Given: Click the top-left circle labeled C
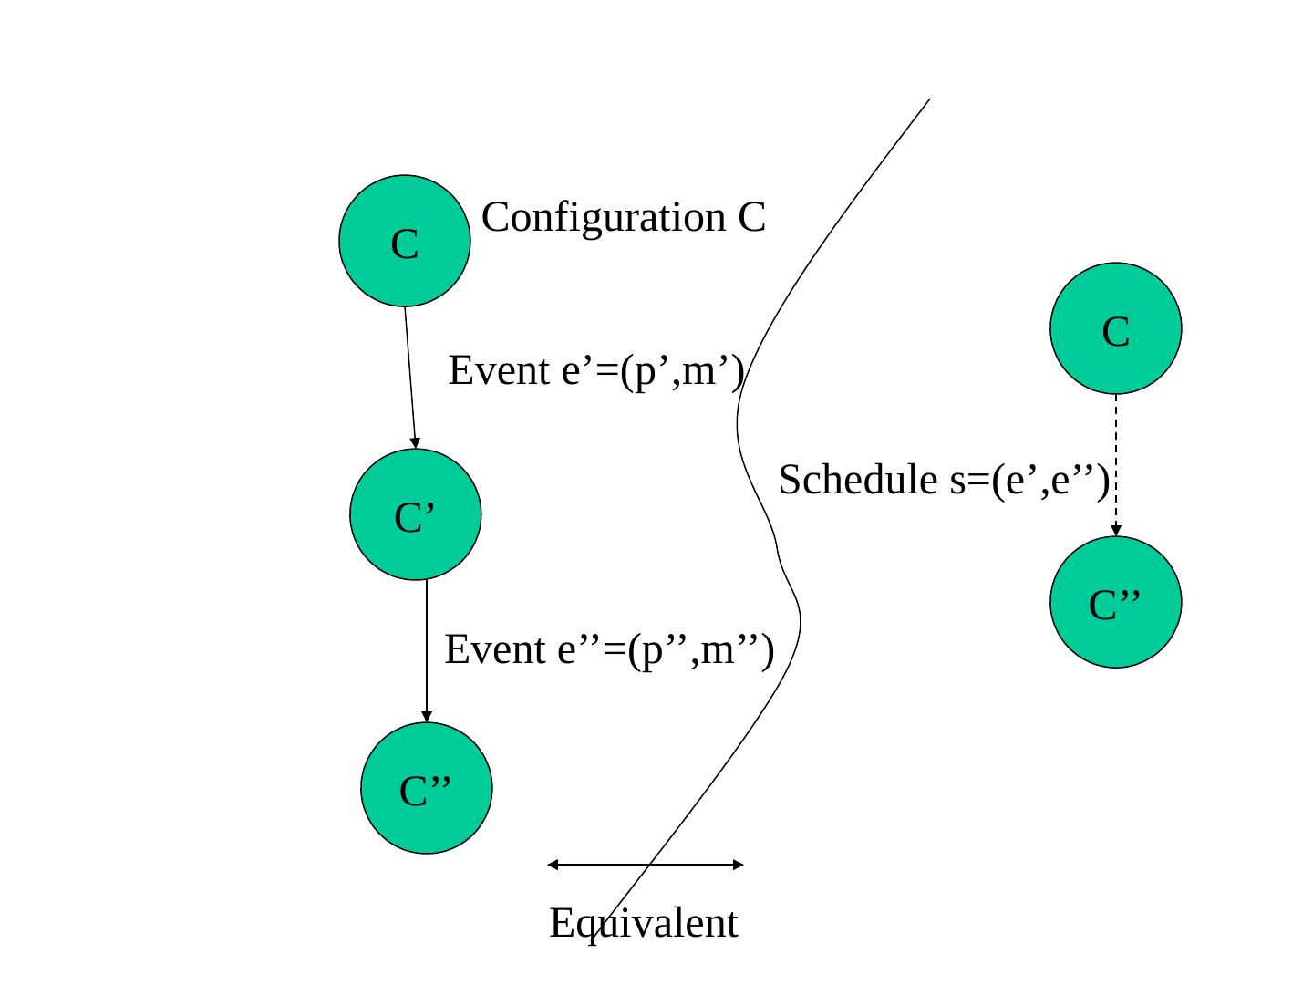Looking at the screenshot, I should (x=405, y=241).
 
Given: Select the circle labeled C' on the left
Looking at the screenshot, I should (x=416, y=515).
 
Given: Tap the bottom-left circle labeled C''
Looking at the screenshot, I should (x=427, y=788).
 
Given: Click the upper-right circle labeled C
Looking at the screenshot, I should (x=1116, y=328).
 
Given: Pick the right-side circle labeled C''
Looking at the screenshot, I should (x=1116, y=602).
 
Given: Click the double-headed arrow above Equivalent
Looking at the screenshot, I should (x=646, y=864).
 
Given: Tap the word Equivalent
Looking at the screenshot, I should (x=644, y=923).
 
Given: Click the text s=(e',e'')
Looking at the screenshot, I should (x=1029, y=480).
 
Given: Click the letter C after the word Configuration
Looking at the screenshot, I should (x=751, y=218).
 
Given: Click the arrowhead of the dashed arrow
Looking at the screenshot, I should (x=1116, y=531).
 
